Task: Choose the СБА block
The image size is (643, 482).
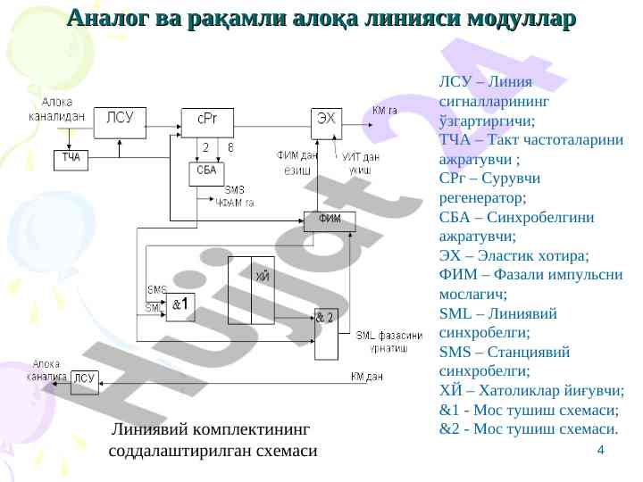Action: pyautogui.click(x=206, y=170)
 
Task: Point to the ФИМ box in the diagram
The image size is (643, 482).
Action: pyautogui.click(x=330, y=220)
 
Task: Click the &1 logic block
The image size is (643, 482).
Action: pyautogui.click(x=183, y=304)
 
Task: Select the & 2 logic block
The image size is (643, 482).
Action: pyautogui.click(x=327, y=318)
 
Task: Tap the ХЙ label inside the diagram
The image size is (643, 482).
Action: pyautogui.click(x=263, y=278)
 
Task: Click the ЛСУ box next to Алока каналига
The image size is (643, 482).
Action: pyautogui.click(x=84, y=378)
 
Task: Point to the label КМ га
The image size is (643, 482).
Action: pyautogui.click(x=385, y=110)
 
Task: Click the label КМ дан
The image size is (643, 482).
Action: pyautogui.click(x=367, y=377)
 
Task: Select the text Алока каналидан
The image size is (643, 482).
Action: pyautogui.click(x=57, y=108)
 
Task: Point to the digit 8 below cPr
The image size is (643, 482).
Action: pyautogui.click(x=230, y=147)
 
